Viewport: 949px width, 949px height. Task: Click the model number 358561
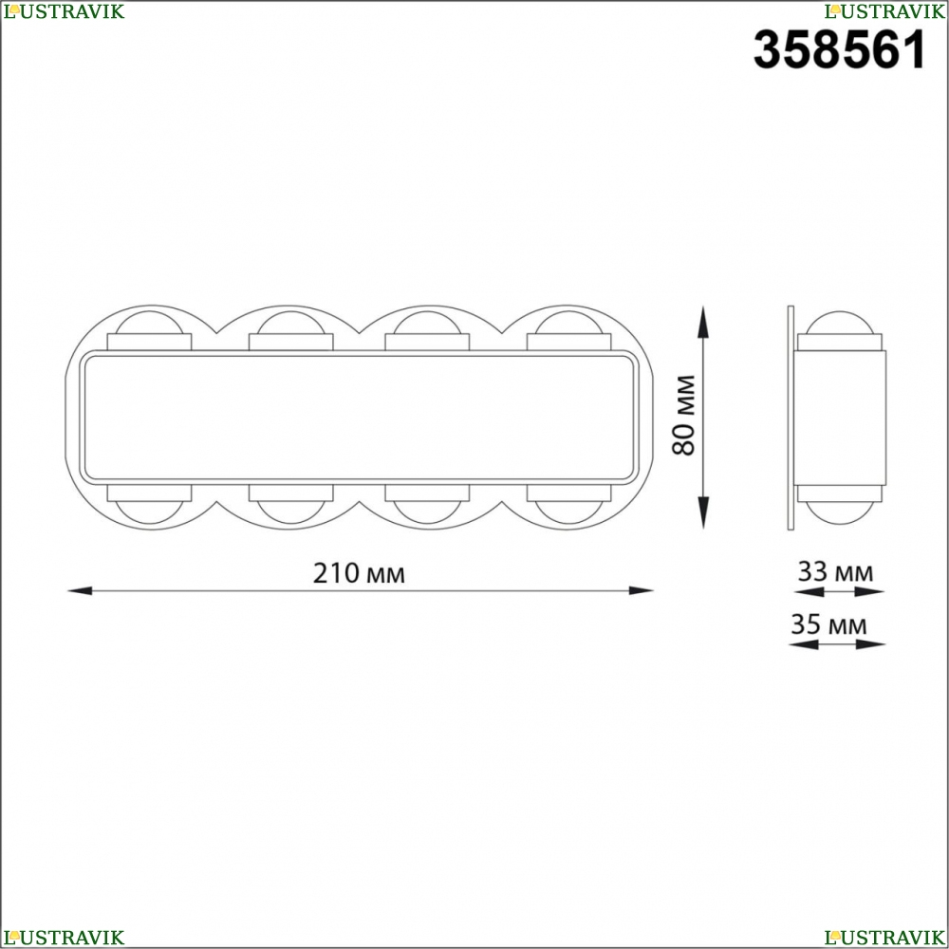[840, 49]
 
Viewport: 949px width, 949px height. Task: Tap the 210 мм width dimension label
[359, 572]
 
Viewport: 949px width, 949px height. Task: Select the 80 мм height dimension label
[684, 415]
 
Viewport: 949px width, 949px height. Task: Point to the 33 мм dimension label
[835, 571]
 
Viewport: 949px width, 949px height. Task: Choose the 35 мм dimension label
[828, 624]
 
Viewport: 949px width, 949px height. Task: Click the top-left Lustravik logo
[64, 10]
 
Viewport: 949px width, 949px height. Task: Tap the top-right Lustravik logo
[884, 10]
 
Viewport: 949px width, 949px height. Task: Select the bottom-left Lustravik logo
[64, 938]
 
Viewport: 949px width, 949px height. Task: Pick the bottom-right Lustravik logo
[884, 938]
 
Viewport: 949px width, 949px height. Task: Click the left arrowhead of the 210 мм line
[80, 590]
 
